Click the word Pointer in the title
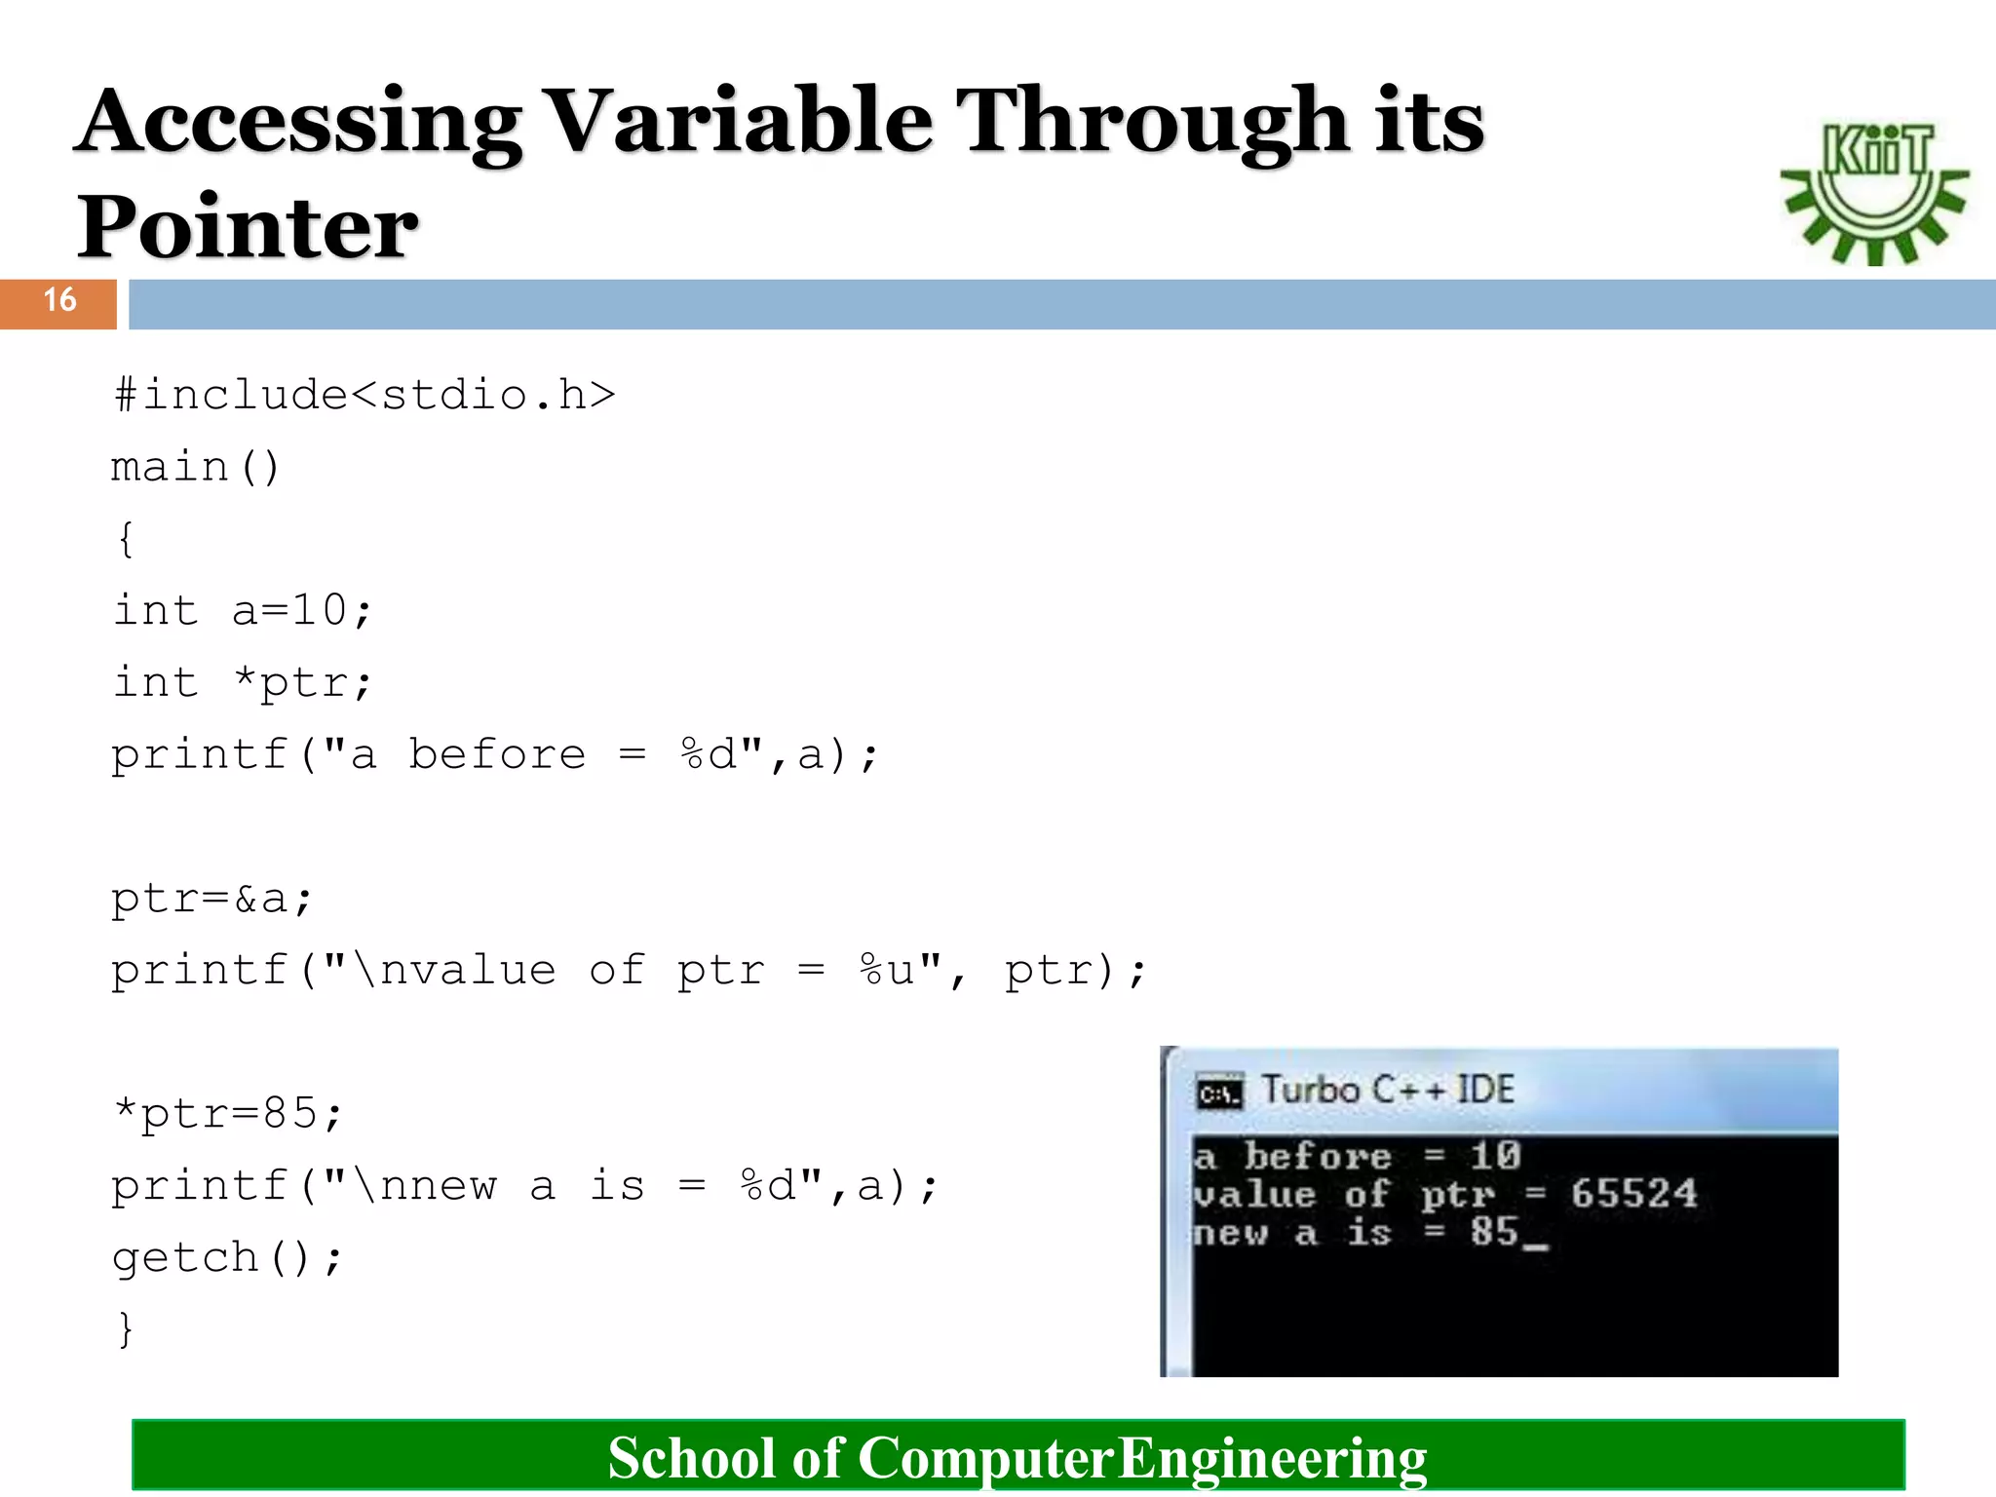[248, 227]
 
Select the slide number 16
[59, 300]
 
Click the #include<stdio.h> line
[365, 396]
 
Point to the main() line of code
[195, 468]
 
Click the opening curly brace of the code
[126, 539]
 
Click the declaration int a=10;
[242, 611]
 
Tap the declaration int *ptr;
[242, 683]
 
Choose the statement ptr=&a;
[211, 899]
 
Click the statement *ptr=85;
[228, 1114]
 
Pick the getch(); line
[226, 1258]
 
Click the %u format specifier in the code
[887, 971]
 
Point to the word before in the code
[497, 755]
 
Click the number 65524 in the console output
[1633, 1194]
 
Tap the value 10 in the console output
[1495, 1156]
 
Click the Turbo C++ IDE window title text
[1388, 1090]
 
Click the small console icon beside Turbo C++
[1219, 1094]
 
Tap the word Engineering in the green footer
[1272, 1458]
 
